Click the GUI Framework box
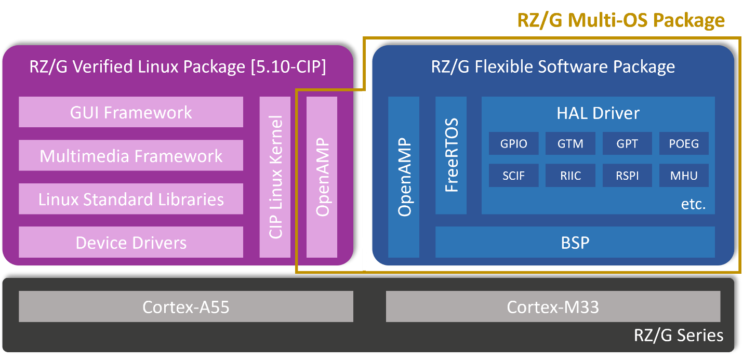coord(131,112)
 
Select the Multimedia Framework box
coord(131,155)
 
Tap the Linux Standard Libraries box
coord(131,199)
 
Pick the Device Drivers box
coord(131,242)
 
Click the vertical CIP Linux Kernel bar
coord(275,177)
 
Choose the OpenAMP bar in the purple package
coord(322,177)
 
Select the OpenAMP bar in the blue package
coord(404,177)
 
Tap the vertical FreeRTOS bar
coord(451,155)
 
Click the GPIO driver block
coord(513,143)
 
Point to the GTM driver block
coord(570,143)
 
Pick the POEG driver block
coord(684,143)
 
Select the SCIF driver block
coord(513,176)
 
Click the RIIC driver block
coord(570,176)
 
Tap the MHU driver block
coord(684,176)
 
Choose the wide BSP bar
coord(575,242)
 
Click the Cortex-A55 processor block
coord(186,306)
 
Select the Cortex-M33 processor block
coord(553,306)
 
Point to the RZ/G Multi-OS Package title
coord(621,20)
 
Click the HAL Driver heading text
coord(598,113)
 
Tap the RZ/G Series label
coord(678,335)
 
